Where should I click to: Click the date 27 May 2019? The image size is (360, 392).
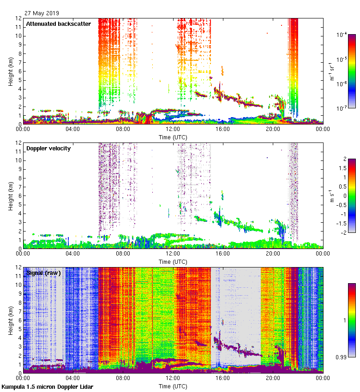[42, 13]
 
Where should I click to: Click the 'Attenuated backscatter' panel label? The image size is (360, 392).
[58, 24]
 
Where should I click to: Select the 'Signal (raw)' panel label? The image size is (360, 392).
[44, 273]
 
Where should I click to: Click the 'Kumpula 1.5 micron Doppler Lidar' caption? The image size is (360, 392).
[47, 386]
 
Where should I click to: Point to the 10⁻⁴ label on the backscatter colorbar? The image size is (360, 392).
[342, 35]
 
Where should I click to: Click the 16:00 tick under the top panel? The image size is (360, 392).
[223, 130]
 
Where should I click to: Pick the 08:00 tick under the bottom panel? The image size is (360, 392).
[123, 379]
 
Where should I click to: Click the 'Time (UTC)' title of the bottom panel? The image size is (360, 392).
[173, 386]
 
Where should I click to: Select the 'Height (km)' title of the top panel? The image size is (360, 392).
[10, 71]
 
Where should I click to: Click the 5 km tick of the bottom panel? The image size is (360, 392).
[18, 329]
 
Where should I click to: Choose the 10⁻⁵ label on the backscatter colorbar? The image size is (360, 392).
[342, 59]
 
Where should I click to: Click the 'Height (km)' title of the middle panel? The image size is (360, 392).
[10, 196]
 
